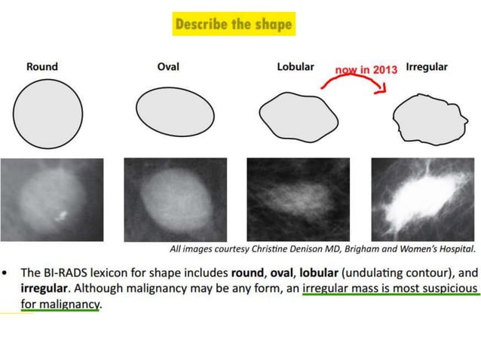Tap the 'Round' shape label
click(x=41, y=66)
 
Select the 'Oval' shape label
click(x=168, y=66)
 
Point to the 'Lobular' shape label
click(x=296, y=66)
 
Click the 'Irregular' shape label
click(x=427, y=66)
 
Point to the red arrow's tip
click(x=384, y=91)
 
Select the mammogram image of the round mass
click(x=51, y=199)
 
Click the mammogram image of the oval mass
click(x=175, y=199)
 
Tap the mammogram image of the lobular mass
click(x=299, y=199)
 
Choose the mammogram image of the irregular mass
click(x=423, y=199)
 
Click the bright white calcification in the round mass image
click(x=62, y=218)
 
